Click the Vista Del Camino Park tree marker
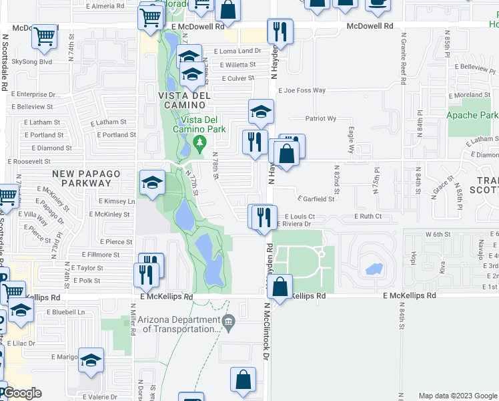click(199, 142)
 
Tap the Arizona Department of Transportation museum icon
click(228, 323)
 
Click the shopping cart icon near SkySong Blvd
click(45, 38)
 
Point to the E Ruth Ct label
click(370, 217)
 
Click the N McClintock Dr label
click(265, 331)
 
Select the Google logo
click(22, 393)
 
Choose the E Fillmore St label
click(101, 255)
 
